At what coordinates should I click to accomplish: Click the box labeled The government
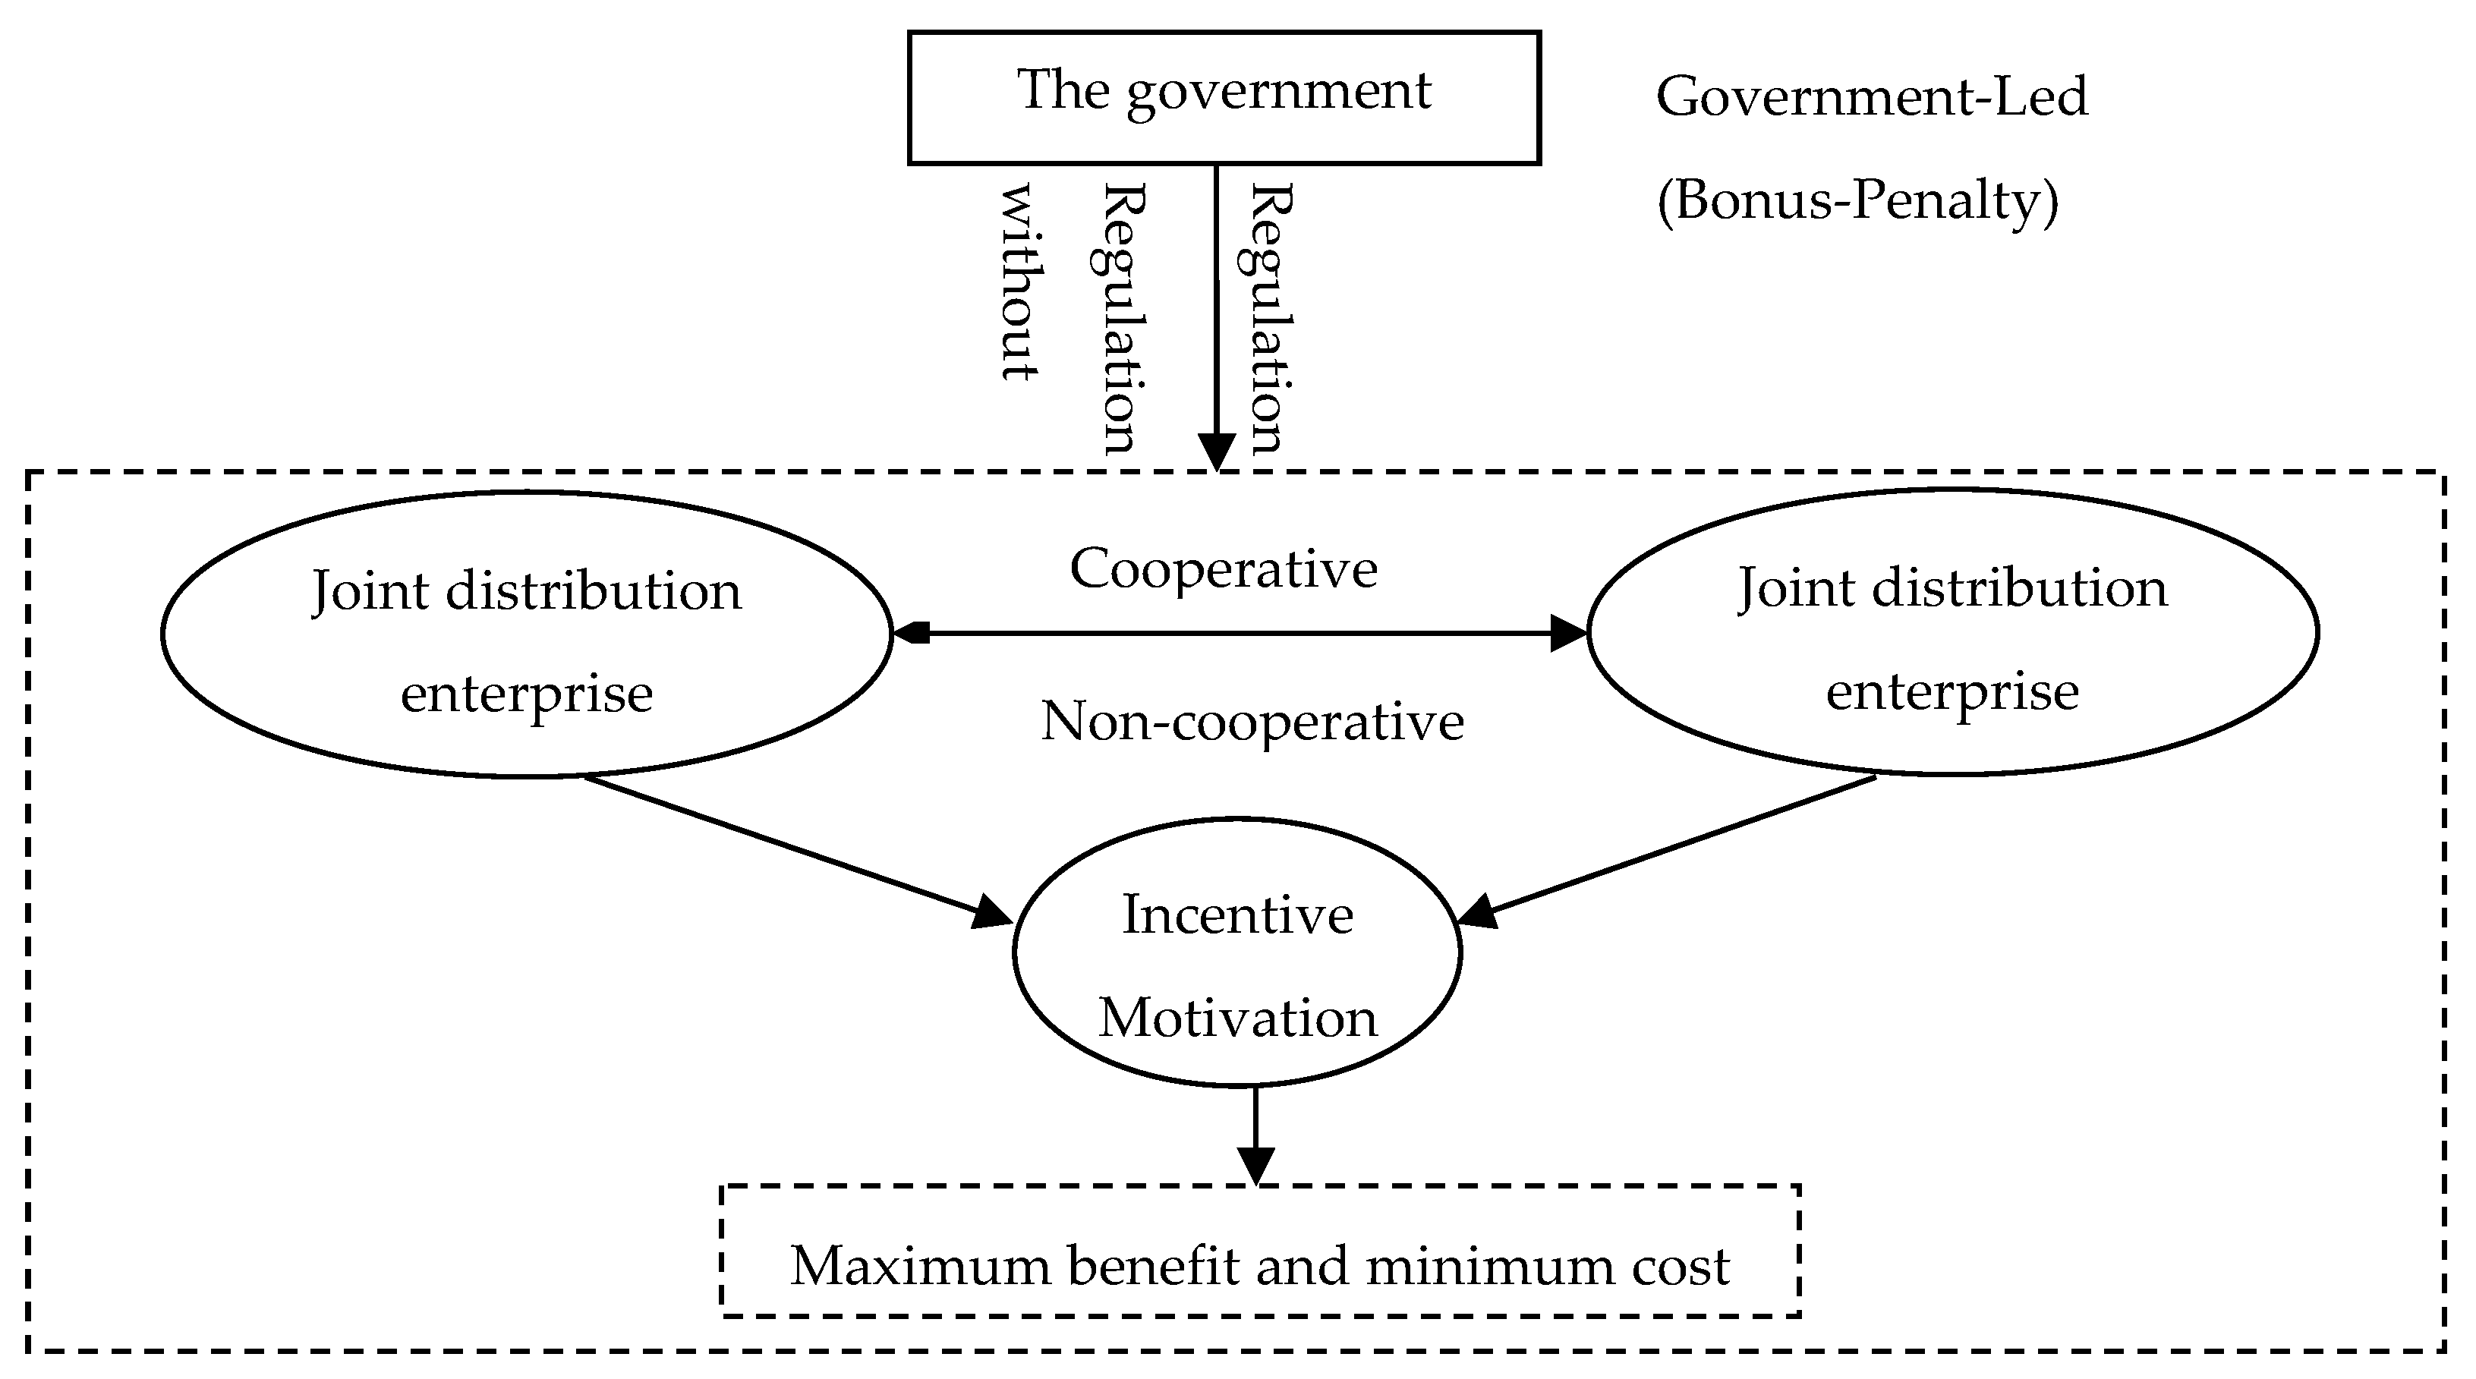coord(1224,97)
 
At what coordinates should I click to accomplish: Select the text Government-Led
coord(1871,97)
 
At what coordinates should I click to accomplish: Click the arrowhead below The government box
coord(1217,452)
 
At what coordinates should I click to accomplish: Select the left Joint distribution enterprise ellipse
coord(526,634)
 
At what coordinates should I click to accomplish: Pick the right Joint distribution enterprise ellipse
coord(1952,632)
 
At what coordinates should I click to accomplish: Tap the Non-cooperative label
coord(1252,721)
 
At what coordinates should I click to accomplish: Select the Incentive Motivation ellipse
coord(1237,952)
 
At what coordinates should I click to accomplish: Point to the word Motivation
coord(1237,1018)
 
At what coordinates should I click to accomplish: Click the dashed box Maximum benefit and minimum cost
coord(1259,1250)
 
